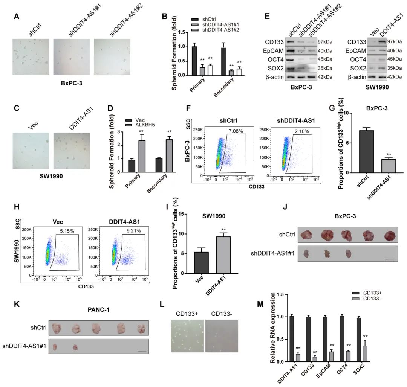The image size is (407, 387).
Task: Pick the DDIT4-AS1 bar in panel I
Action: point(225,256)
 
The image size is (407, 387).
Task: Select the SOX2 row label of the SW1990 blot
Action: point(356,68)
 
